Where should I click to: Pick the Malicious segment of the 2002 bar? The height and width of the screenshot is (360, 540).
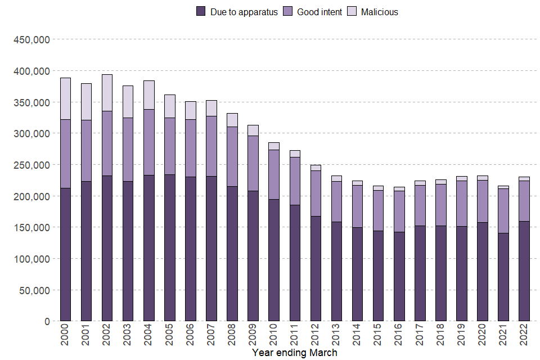(x=107, y=93)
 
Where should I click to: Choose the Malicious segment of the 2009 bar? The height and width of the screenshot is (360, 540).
(x=253, y=130)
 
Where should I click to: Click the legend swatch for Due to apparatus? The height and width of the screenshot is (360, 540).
(x=201, y=12)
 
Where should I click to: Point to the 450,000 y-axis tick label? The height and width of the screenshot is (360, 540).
(x=31, y=40)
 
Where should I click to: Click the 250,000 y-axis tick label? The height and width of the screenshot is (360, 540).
(x=31, y=165)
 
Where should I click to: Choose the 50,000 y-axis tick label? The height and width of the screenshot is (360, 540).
(x=34, y=290)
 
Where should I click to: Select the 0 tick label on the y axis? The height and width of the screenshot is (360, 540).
(x=47, y=322)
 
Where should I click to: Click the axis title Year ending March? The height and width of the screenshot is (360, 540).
(x=295, y=353)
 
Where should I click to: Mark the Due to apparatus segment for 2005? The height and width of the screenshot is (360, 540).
(x=170, y=248)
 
